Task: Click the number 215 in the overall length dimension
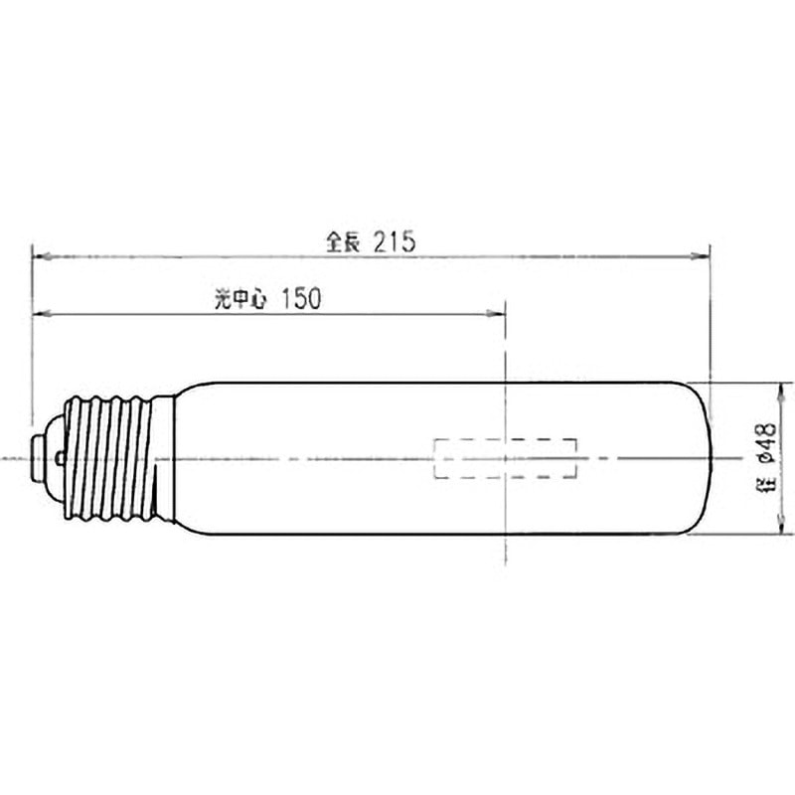395,241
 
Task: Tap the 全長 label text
343,241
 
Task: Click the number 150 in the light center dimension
301,299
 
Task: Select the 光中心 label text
240,299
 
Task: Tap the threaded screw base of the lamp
108,458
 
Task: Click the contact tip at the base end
37,458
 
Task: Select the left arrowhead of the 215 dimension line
41,256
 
